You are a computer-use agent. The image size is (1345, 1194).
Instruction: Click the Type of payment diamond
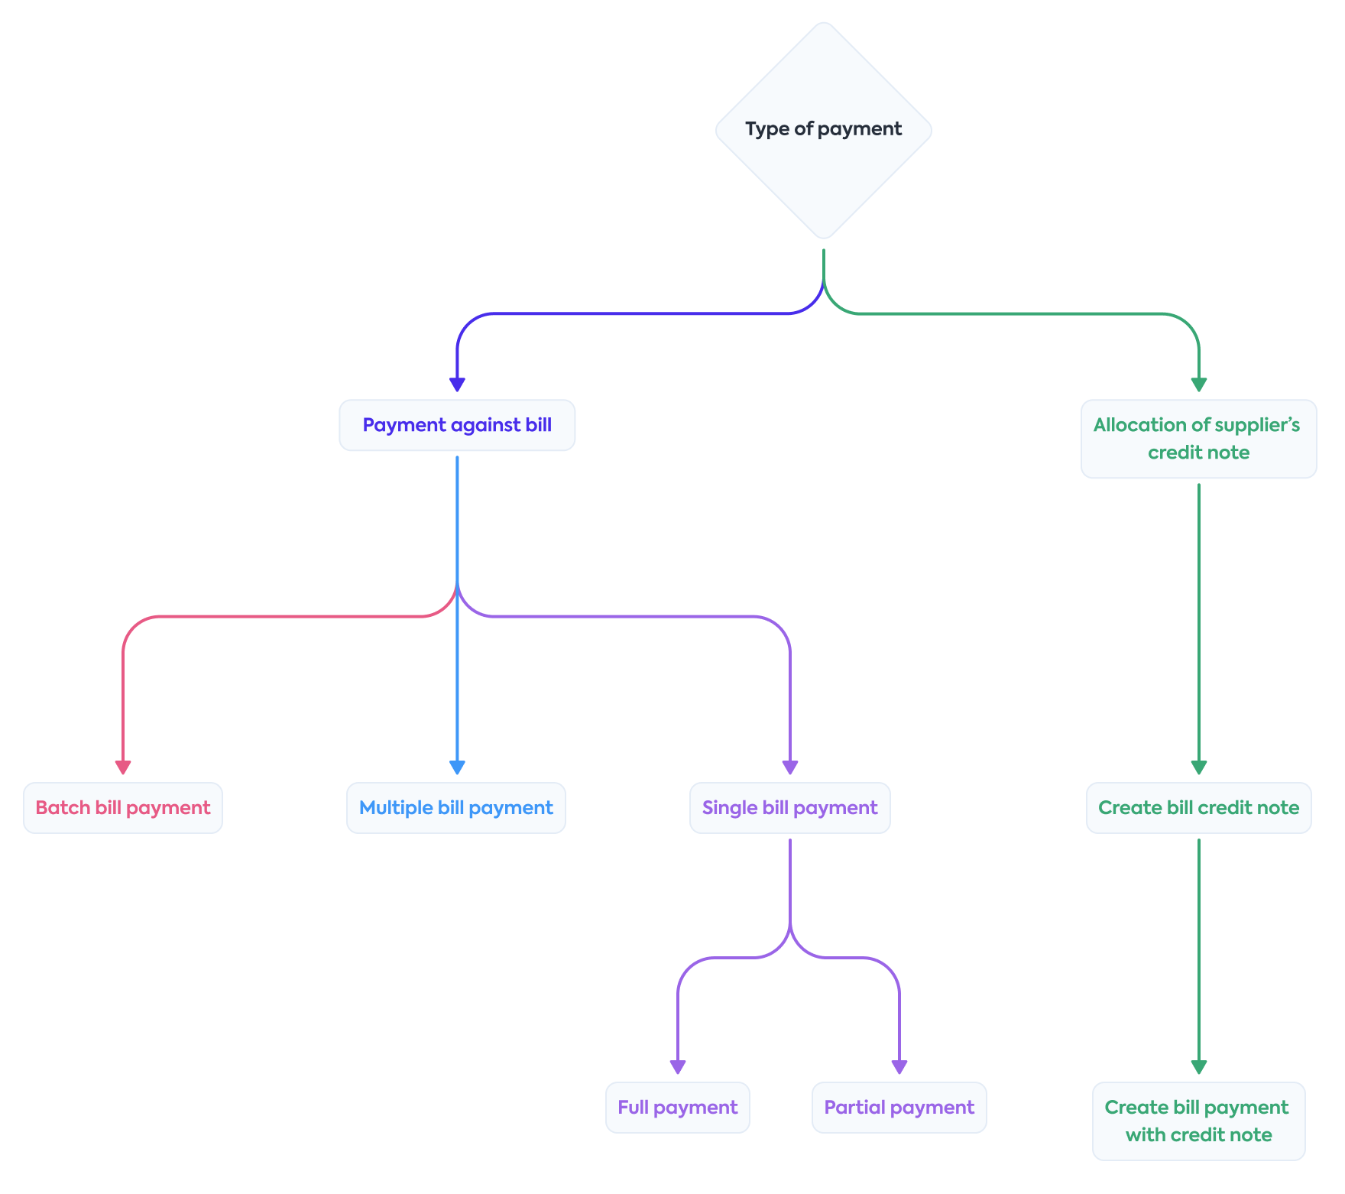tap(823, 130)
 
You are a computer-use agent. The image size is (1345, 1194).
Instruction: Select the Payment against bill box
tap(457, 425)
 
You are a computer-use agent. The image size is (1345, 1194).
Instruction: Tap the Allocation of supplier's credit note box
tap(1198, 439)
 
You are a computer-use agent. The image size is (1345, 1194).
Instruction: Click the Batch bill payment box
tap(123, 808)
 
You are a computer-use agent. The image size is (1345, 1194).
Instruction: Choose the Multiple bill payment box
tap(456, 808)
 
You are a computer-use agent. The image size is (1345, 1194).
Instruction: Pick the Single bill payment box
tap(789, 808)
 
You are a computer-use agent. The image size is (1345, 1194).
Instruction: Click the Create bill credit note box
tap(1198, 808)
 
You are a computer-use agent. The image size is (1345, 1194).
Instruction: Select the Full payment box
tap(677, 1108)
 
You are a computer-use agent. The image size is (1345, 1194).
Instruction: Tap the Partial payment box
tap(899, 1108)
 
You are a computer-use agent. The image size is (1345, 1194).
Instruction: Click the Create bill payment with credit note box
tap(1198, 1121)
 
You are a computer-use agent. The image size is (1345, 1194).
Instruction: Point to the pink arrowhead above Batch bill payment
tap(123, 767)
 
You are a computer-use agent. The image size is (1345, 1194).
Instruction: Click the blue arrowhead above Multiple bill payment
tap(457, 767)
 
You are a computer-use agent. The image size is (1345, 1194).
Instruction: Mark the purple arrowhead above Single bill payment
tap(790, 767)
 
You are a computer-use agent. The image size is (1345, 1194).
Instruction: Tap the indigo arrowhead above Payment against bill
tap(457, 384)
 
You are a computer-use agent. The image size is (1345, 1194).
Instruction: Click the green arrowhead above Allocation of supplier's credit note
tap(1198, 384)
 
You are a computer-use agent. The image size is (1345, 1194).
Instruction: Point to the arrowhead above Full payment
tap(678, 1066)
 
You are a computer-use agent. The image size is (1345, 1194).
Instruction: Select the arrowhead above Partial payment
tap(899, 1066)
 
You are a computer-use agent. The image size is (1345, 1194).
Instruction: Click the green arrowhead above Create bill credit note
tap(1198, 767)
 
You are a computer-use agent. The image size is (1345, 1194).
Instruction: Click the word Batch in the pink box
tap(63, 808)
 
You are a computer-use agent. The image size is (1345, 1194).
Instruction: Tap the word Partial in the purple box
tap(854, 1108)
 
